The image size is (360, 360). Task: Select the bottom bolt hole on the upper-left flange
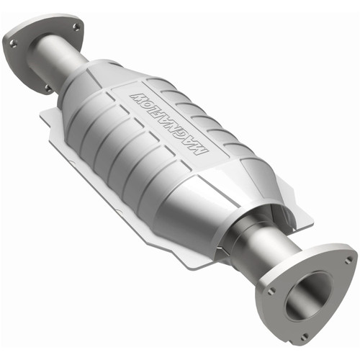[x=48, y=88]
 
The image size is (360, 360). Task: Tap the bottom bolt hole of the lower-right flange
[x=305, y=336]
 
